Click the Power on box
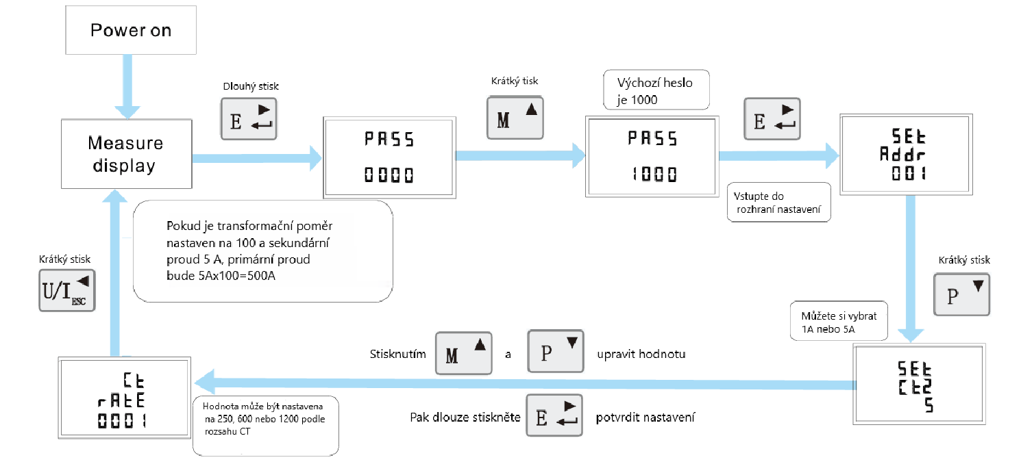point(131,31)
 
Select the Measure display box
point(126,154)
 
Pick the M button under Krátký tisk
point(514,117)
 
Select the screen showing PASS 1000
point(652,157)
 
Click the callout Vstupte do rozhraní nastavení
point(778,202)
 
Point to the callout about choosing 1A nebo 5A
point(838,320)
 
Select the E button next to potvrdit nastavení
point(554,415)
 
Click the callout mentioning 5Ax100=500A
point(262,251)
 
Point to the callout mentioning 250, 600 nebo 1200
point(267,425)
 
